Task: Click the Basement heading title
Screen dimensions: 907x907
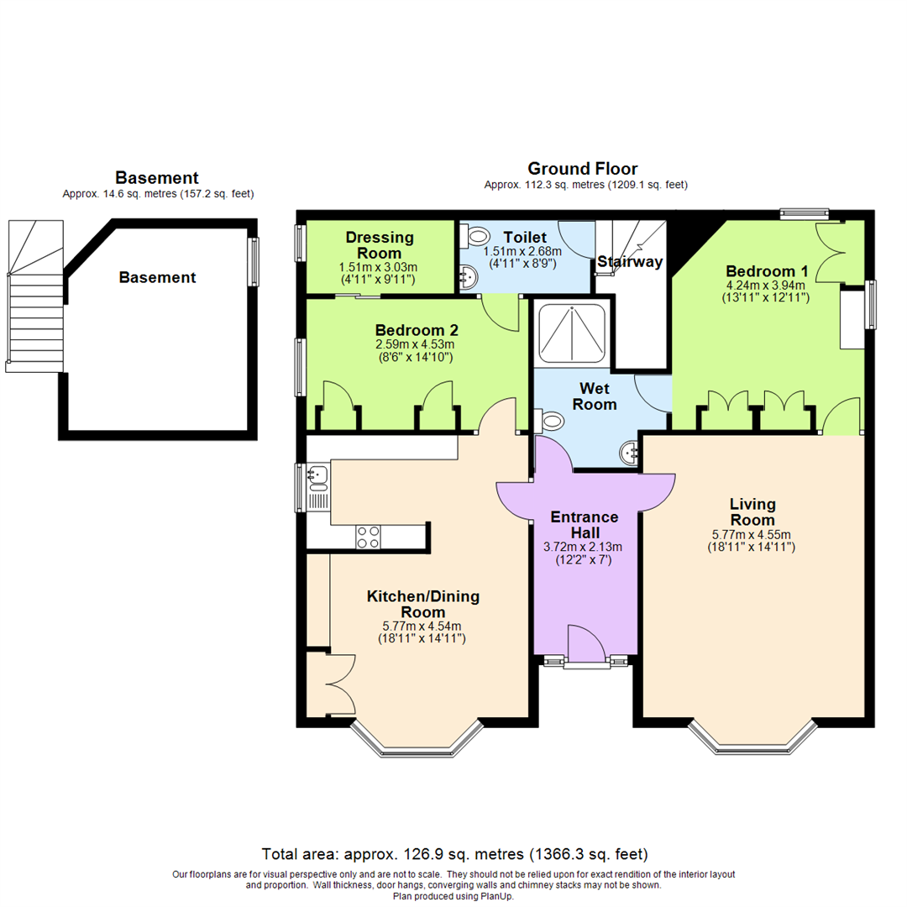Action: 157,178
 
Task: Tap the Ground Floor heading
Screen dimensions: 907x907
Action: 582,169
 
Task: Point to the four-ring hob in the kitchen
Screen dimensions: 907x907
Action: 368,536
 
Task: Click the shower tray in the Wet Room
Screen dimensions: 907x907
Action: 570,333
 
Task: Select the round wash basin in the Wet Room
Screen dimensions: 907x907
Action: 628,453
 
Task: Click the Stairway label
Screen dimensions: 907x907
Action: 630,262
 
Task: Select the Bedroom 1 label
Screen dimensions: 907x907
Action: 767,271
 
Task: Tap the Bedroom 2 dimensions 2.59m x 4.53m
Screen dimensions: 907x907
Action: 414,343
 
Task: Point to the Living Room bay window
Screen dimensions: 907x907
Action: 752,737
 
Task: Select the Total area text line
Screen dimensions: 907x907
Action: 454,855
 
